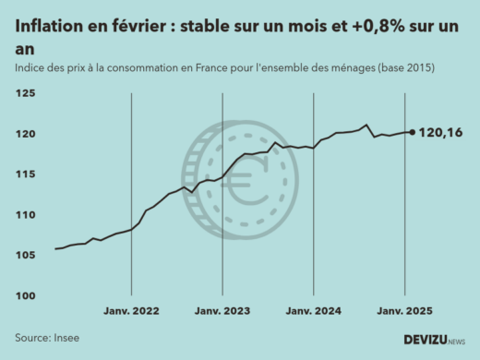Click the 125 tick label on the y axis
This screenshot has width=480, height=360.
(x=25, y=94)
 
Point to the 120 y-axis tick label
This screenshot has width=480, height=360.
(x=25, y=135)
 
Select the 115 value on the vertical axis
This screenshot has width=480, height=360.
(x=25, y=174)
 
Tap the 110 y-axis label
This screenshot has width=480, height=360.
(x=25, y=215)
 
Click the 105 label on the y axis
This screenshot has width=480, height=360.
(x=25, y=256)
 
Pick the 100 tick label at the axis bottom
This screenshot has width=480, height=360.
(x=25, y=296)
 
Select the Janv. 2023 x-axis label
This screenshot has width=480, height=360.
(x=222, y=312)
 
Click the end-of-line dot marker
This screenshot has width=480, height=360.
(x=412, y=132)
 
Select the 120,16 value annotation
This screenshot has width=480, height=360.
(x=441, y=134)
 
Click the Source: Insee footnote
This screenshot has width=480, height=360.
(x=47, y=338)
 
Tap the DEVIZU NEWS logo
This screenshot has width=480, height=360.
(x=434, y=340)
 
